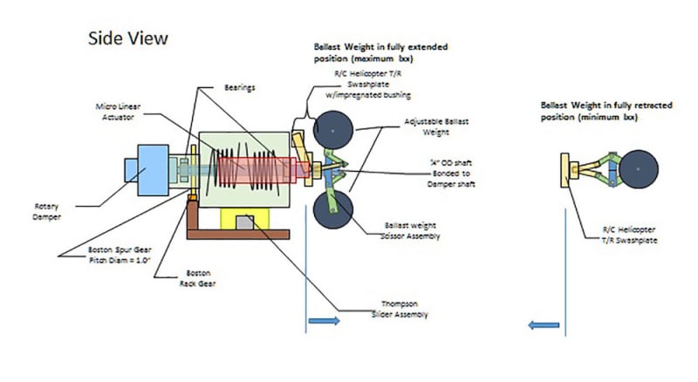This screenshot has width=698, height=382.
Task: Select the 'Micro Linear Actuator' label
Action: pos(120,111)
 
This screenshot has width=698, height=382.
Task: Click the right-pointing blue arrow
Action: pos(324,322)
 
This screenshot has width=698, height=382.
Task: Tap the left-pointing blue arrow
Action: pos(544,325)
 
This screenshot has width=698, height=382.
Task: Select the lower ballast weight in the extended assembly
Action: pos(332,208)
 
